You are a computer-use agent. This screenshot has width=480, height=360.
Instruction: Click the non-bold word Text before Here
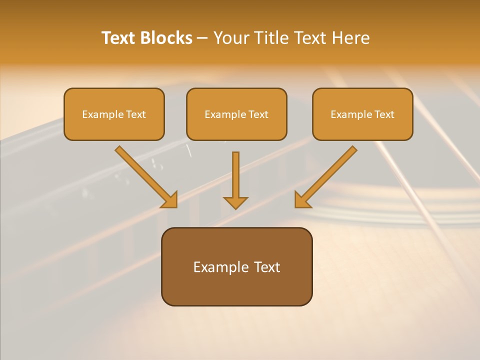pos(311,38)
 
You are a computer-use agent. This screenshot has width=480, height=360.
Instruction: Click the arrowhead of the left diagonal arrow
pos(170,200)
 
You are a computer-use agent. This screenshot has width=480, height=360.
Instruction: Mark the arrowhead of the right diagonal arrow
pos(301,200)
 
